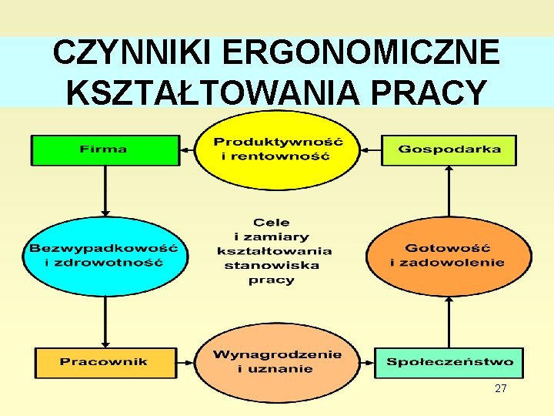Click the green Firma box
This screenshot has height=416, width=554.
click(104, 149)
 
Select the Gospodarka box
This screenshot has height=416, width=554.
click(449, 149)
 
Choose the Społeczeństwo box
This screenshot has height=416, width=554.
click(449, 362)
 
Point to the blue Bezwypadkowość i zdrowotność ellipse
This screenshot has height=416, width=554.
click(104, 255)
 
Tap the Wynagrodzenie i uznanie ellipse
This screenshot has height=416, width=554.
click(277, 362)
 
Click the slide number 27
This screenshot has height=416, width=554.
click(501, 389)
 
